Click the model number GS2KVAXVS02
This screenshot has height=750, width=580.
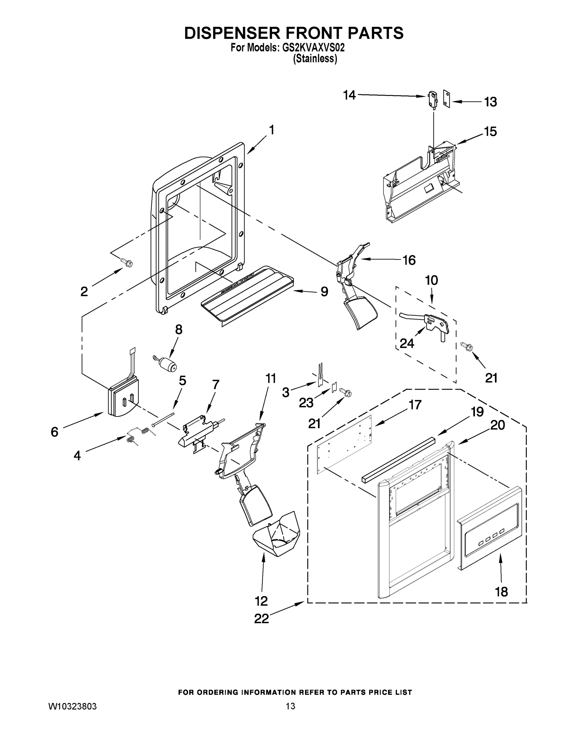click(x=313, y=48)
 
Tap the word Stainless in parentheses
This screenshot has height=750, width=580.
click(x=315, y=59)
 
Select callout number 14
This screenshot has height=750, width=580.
click(x=350, y=95)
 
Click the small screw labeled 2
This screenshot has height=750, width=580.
click(x=127, y=263)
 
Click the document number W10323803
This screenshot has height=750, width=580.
click(x=72, y=706)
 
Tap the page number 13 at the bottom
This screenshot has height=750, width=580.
click(x=290, y=706)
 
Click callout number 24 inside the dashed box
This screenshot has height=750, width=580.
click(x=407, y=343)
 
